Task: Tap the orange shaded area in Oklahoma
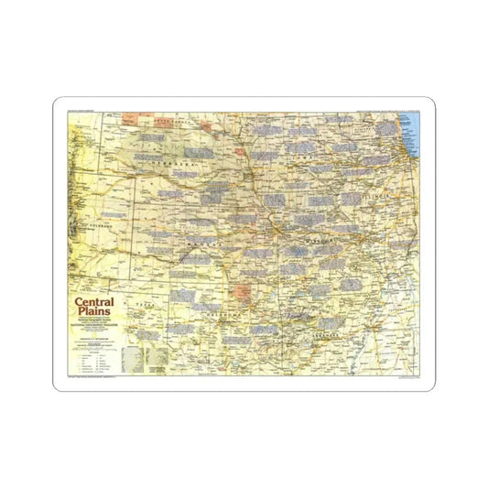(243, 293)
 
